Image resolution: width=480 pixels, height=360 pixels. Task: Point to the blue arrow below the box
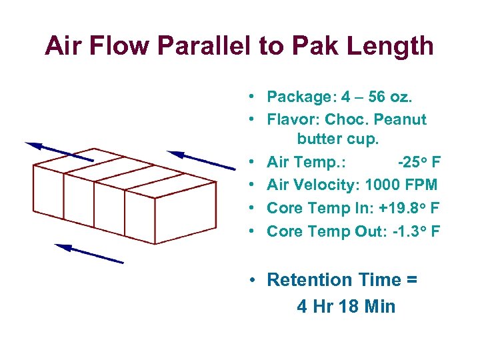pos(89,254)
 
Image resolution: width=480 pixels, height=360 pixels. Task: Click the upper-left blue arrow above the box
pos(59,152)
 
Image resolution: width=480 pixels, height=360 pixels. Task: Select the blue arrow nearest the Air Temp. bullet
pos(201,160)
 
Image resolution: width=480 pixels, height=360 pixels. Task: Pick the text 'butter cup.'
pos(337,139)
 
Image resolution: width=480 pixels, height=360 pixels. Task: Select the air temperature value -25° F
pos(419,162)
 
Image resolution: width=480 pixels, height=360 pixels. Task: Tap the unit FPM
pos(422,185)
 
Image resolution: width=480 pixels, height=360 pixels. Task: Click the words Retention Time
pos(331,280)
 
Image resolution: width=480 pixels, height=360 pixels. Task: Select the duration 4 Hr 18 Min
pos(346,307)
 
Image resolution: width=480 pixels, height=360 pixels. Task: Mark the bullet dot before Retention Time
pos(255,280)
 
